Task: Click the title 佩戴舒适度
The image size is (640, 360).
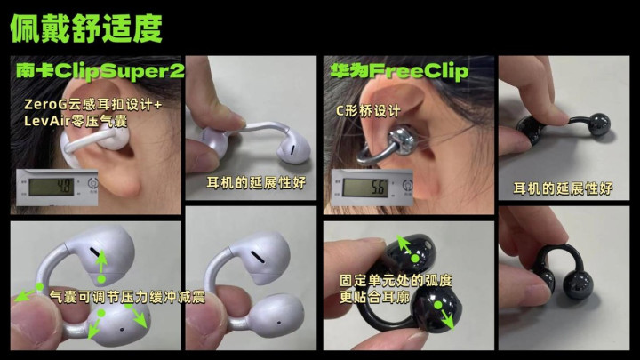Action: [x=86, y=28]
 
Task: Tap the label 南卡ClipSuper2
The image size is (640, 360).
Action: [x=100, y=71]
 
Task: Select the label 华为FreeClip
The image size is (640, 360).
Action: [x=399, y=71]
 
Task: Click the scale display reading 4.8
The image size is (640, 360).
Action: [x=52, y=187]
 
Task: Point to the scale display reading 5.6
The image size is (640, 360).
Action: [x=365, y=188]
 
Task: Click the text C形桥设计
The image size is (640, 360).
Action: [x=368, y=110]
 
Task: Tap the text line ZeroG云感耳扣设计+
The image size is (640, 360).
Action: [x=93, y=105]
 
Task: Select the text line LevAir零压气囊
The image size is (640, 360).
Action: [x=76, y=121]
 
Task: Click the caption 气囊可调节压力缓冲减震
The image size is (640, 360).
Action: [x=127, y=297]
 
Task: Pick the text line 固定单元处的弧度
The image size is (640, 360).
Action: [x=396, y=280]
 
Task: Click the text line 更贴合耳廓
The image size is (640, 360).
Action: [x=374, y=297]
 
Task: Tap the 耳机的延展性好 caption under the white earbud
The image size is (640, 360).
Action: [x=256, y=182]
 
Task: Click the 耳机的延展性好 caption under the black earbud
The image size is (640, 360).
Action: [x=563, y=188]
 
